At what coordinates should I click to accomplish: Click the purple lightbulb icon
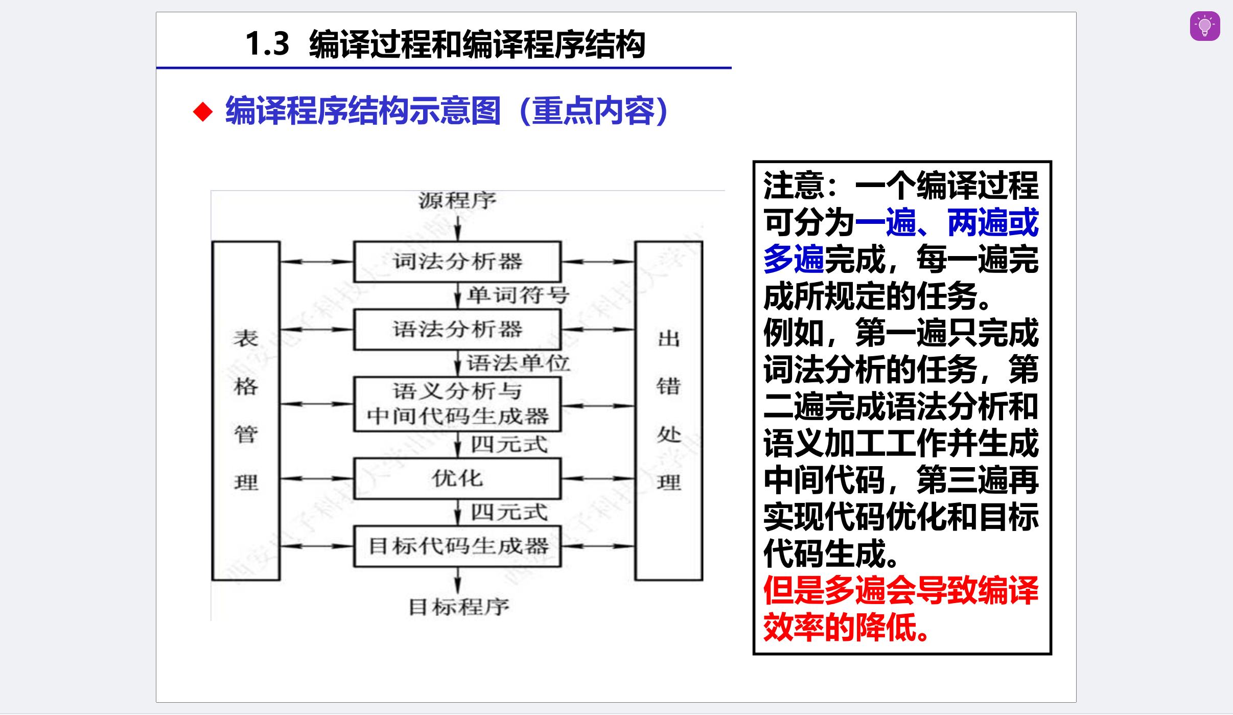(1204, 26)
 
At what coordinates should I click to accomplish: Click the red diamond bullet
(203, 112)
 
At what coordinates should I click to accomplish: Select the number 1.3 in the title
(267, 44)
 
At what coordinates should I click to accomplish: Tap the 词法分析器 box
(457, 262)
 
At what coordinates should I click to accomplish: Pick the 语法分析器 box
(457, 330)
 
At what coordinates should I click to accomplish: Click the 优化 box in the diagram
(457, 479)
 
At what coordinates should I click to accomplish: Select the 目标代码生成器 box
(457, 546)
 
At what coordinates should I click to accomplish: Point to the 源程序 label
(457, 200)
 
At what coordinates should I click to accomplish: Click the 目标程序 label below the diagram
(458, 607)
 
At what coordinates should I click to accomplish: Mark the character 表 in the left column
(246, 338)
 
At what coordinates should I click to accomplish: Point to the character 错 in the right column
(668, 386)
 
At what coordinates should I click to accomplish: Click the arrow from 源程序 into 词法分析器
(458, 227)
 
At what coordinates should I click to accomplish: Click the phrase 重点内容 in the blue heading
(593, 111)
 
